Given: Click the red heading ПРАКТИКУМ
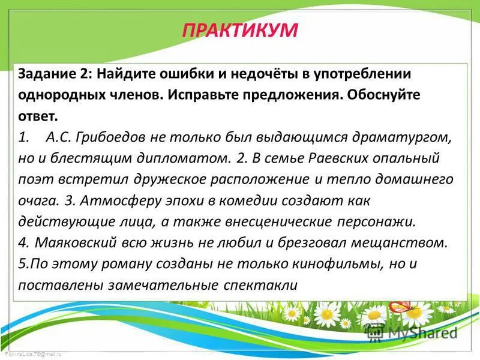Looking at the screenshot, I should pyautogui.click(x=239, y=29).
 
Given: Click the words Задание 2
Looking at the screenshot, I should pyautogui.click(x=53, y=73).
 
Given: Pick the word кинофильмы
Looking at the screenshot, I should pyautogui.click(x=345, y=264).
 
